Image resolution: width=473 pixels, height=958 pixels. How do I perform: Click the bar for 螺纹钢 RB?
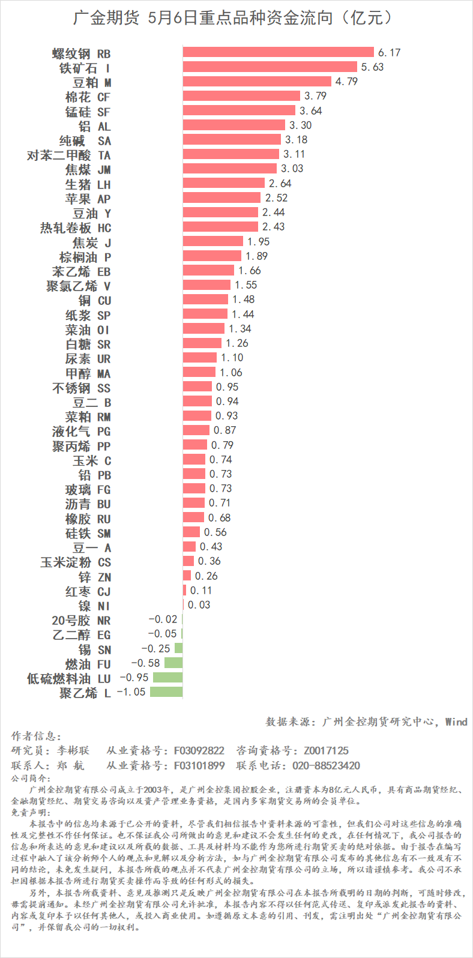point(278,52)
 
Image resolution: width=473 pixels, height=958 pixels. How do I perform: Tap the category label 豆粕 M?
point(92,82)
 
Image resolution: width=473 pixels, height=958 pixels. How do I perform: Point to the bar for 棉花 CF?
point(241,96)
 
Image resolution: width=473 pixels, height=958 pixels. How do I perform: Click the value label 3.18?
point(296,140)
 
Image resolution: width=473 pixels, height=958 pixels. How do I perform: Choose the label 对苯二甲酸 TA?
point(69,155)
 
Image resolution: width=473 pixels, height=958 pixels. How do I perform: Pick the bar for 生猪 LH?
point(223,183)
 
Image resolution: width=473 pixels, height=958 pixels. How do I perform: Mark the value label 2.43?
point(274,227)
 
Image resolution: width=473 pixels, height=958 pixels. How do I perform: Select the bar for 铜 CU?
point(205,300)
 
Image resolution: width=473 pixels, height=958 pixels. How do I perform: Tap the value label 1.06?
point(231,372)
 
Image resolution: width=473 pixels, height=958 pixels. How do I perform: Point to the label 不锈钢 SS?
point(82,388)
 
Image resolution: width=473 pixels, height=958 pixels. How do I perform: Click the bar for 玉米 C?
point(194,460)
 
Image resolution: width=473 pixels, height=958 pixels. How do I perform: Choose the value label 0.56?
point(215,532)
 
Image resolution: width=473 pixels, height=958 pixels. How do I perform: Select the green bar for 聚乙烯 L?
point(166,692)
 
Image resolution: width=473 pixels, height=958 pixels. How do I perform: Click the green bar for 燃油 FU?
point(173,663)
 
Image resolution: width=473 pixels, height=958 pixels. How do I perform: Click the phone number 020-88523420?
point(326,765)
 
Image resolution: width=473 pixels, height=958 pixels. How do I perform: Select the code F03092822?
point(199,750)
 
